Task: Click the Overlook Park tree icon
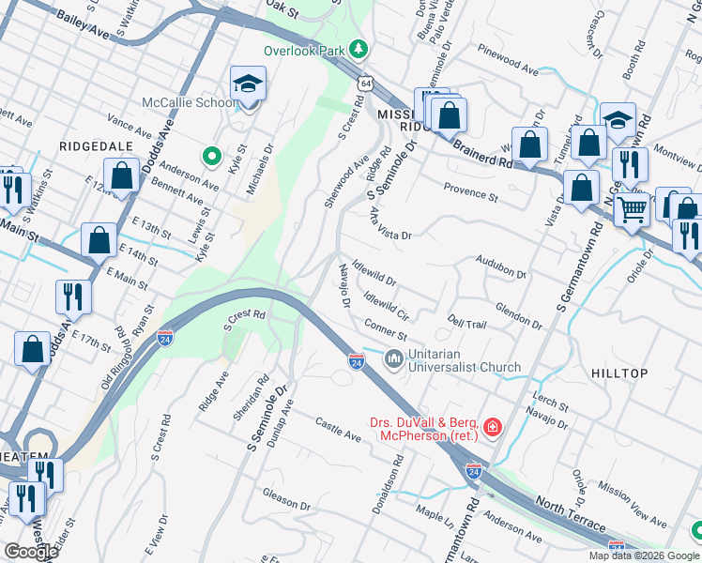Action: pyautogui.click(x=357, y=48)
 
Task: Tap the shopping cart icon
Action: pyautogui.click(x=632, y=208)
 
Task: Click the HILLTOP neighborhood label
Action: pyautogui.click(x=619, y=373)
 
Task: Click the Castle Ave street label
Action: pyautogui.click(x=338, y=431)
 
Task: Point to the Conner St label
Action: pyautogui.click(x=385, y=330)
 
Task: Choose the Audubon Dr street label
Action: pyautogui.click(x=501, y=266)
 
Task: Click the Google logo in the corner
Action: pyautogui.click(x=30, y=551)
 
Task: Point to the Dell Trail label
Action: pyautogui.click(x=466, y=321)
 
